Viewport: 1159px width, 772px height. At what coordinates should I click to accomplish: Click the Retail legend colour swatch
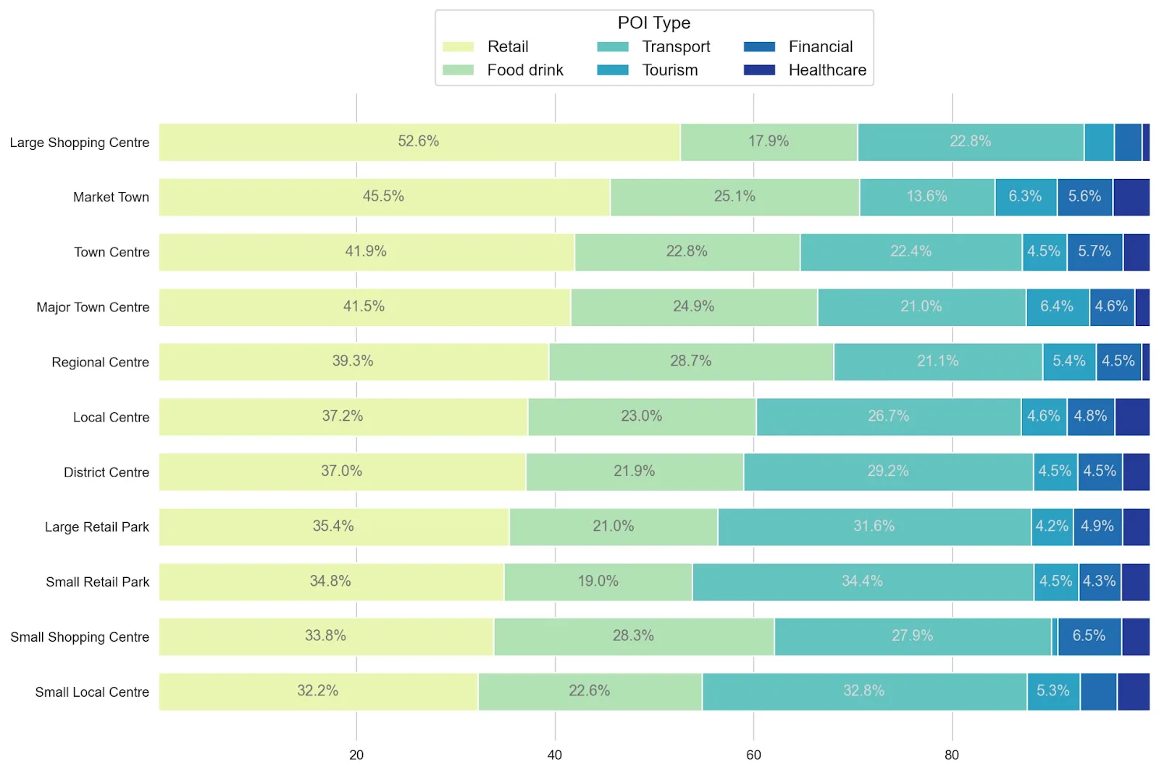458,47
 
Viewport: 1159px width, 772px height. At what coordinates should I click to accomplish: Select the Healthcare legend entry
827,70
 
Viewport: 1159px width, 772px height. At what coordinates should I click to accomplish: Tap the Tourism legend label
669,70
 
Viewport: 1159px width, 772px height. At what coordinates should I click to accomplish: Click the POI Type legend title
653,23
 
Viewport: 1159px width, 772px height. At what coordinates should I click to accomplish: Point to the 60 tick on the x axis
753,755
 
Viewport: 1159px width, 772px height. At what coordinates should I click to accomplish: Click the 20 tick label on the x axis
356,755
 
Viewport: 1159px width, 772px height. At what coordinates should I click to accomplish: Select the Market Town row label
111,197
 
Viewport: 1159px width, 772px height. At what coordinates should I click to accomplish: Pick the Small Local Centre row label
92,692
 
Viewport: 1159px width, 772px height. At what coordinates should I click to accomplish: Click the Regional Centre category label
100,362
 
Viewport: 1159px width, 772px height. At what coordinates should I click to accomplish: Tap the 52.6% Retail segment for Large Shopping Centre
419,142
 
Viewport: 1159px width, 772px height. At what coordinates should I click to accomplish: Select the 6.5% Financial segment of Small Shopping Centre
1089,637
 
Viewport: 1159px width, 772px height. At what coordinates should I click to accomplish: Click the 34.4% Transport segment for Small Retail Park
862,582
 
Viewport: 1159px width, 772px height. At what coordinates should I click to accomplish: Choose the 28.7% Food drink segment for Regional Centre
690,361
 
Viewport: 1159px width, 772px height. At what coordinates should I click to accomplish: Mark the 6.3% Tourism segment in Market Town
1025,197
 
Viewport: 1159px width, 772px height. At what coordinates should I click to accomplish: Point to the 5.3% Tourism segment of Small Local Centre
1053,692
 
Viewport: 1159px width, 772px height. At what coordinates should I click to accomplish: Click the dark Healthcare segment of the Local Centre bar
1131,417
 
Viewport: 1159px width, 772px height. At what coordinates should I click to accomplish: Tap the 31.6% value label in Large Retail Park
874,526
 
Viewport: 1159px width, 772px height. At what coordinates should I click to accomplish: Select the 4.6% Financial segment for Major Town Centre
1111,307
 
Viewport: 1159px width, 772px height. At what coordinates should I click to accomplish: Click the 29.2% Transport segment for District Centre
887,471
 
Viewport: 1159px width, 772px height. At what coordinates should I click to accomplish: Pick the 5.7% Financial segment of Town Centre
1094,252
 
